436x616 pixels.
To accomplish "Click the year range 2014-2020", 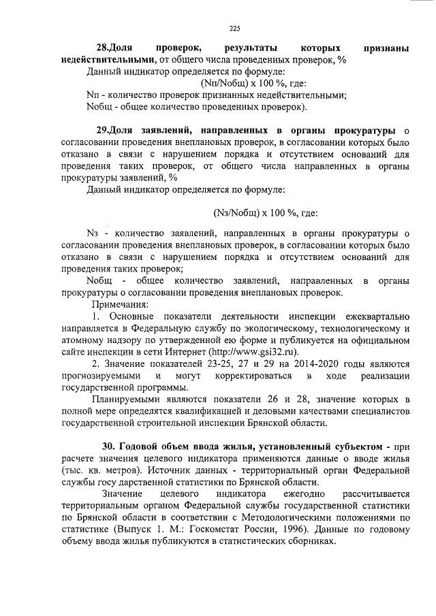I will pos(302,364).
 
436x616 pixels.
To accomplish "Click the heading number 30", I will pos(109,447).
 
